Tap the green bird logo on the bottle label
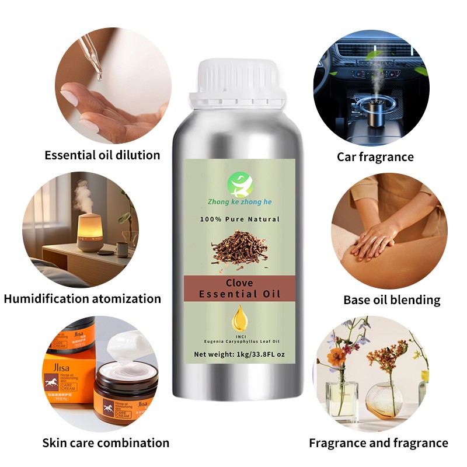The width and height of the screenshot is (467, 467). tap(239, 183)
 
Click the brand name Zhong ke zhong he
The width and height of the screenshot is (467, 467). tap(239, 202)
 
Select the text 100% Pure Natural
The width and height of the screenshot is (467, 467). tap(239, 219)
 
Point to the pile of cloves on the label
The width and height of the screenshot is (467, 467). tap(239, 246)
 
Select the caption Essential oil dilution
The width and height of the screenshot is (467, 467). tap(102, 155)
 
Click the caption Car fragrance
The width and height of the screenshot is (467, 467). tap(375, 156)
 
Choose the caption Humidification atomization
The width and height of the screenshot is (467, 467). tap(82, 299)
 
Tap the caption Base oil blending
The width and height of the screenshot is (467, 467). tap(392, 300)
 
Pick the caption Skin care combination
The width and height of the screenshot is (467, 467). tap(106, 442)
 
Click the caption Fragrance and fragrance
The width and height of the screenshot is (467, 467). tap(379, 443)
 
